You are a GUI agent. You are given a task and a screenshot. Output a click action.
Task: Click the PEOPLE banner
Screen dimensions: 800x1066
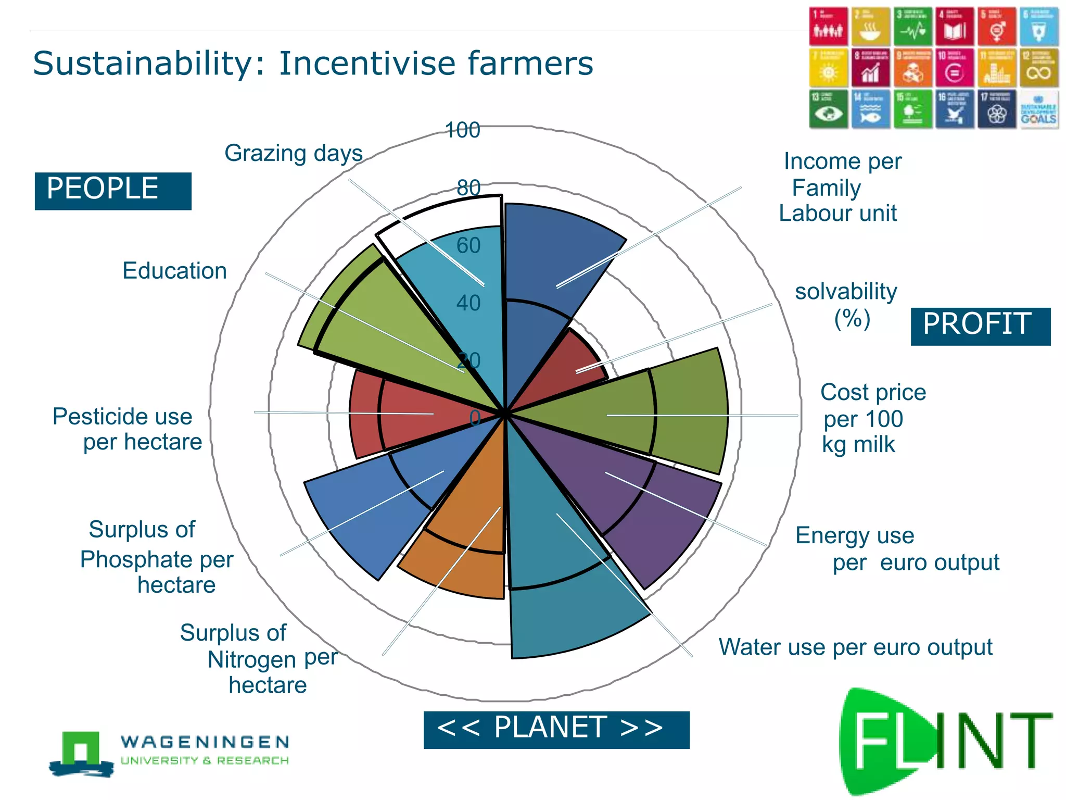[x=112, y=191]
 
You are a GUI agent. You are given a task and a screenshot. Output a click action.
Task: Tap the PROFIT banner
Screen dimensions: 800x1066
[x=980, y=326]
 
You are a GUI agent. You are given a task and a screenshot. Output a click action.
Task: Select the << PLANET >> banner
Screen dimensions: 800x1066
[x=556, y=729]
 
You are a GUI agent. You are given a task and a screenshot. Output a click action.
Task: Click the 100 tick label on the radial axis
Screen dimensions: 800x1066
[x=463, y=130]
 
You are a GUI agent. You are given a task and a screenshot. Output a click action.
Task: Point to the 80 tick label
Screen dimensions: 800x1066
[x=468, y=187]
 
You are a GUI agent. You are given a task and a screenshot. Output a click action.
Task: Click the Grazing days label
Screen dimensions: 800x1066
[x=294, y=154]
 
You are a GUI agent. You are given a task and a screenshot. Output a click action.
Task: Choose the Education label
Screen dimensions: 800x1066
[x=175, y=271]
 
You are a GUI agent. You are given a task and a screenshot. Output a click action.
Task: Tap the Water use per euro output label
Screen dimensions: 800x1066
[x=855, y=647]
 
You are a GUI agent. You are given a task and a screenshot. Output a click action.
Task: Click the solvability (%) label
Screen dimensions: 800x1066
[x=846, y=305]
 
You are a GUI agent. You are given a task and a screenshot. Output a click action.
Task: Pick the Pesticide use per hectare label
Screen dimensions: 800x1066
[x=128, y=429]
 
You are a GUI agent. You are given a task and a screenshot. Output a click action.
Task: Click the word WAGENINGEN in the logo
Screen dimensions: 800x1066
[x=205, y=742]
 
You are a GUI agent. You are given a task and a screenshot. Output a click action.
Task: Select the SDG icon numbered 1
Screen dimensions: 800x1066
[x=828, y=27]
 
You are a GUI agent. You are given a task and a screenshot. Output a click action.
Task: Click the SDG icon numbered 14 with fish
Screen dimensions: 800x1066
[x=870, y=109]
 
